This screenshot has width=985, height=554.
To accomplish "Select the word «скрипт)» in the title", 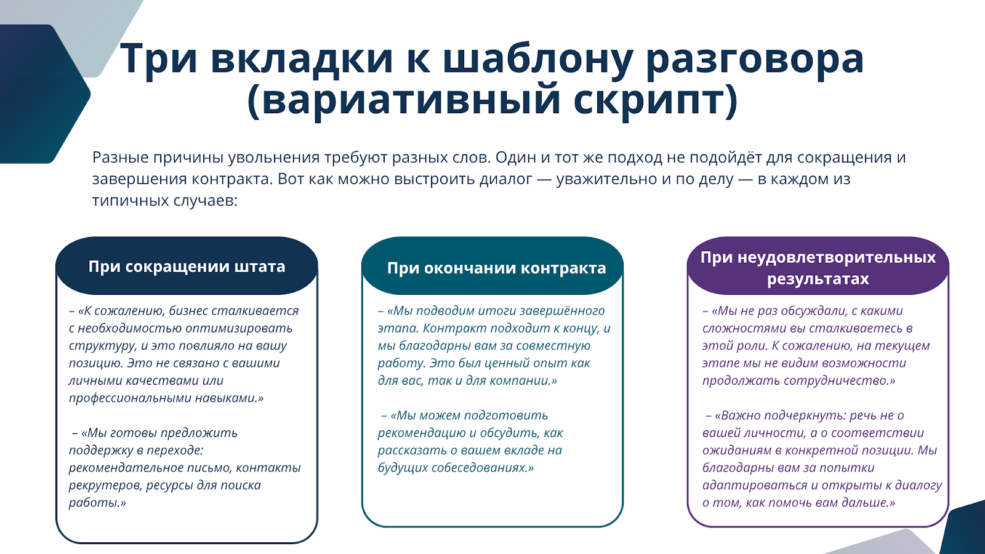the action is point(655,101).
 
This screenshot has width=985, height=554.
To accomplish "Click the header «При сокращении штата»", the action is point(187,267).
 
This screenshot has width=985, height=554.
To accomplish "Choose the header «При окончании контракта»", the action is point(496,268).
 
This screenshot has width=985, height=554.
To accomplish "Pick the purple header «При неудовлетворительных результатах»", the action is point(818,268).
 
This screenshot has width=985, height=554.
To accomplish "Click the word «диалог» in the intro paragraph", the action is point(505,179).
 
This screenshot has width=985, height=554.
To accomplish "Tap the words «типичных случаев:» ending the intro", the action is point(165,201).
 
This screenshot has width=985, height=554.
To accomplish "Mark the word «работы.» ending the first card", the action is point(97,502).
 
